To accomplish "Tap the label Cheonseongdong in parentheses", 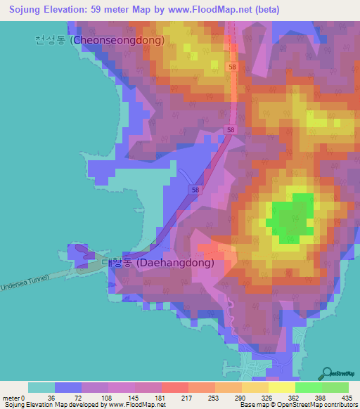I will [118, 40].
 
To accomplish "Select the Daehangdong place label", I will [176, 263].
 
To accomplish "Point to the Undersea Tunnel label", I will [25, 283].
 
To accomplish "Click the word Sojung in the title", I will [20, 9].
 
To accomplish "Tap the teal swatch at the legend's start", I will [41, 387].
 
